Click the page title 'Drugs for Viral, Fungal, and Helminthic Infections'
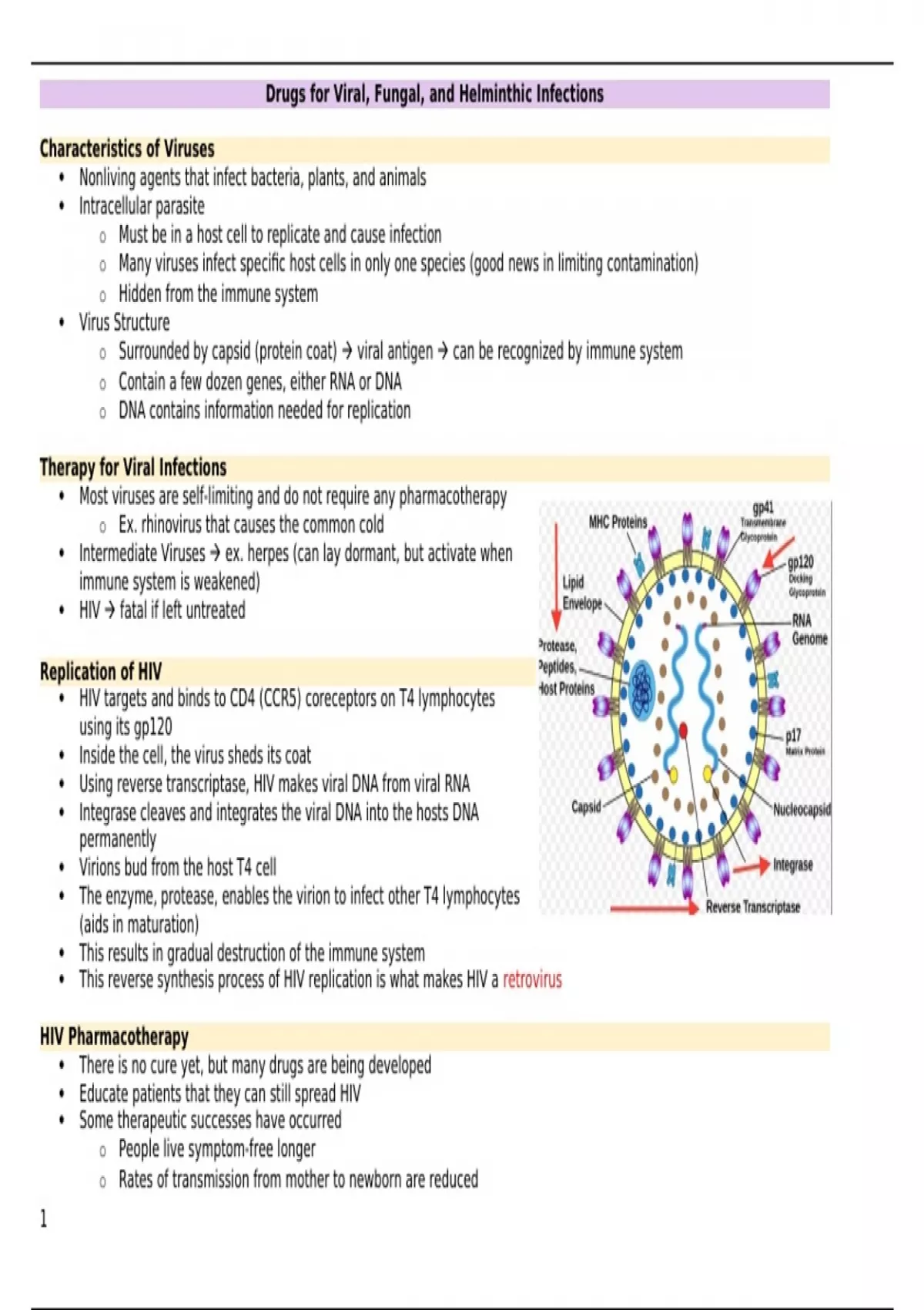[434, 94]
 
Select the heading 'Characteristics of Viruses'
[127, 149]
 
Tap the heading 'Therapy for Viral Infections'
[133, 468]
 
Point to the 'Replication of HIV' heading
[101, 671]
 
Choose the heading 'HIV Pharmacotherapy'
[114, 1036]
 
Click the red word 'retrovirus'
[532, 980]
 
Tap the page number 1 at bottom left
[44, 1218]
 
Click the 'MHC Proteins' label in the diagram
[618, 522]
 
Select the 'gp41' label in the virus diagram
[763, 508]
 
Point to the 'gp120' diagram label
[801, 563]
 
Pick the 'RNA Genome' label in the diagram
[808, 630]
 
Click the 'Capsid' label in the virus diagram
[586, 807]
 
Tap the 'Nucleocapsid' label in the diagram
[802, 809]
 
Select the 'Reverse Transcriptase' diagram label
[752, 907]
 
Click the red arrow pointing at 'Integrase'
[751, 866]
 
